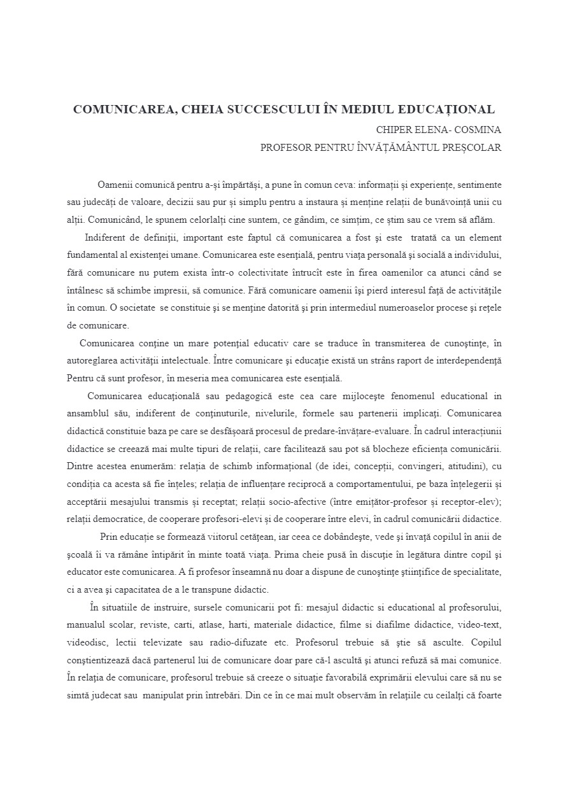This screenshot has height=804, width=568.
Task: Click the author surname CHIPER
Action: (x=395, y=130)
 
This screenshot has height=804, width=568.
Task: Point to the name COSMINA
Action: (x=478, y=130)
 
